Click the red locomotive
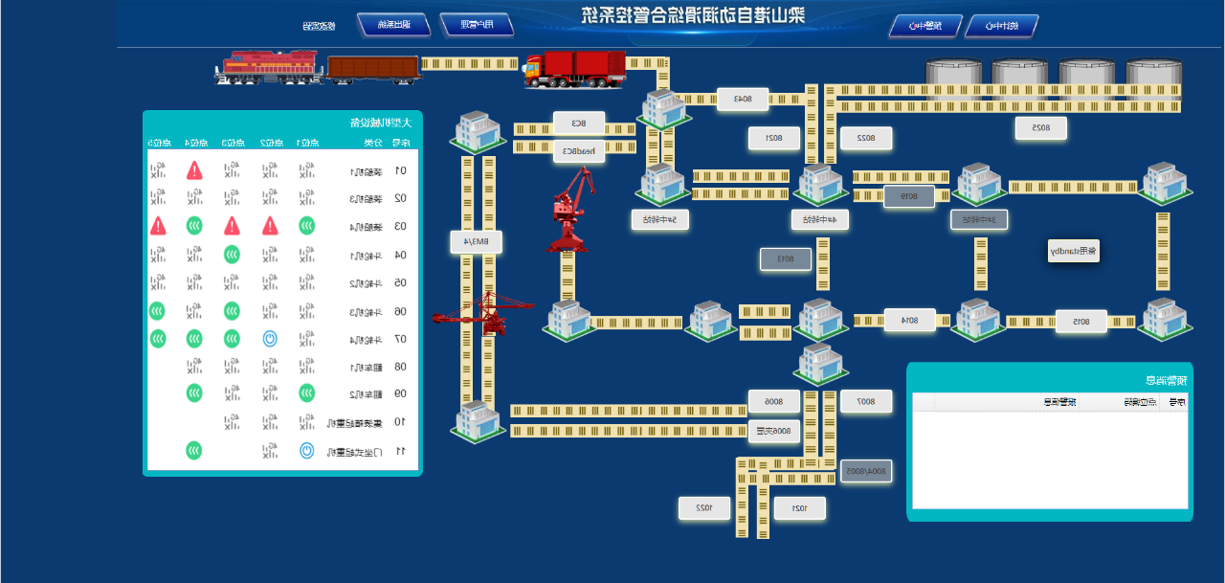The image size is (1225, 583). pos(269,67)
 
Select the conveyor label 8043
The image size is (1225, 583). pos(744,99)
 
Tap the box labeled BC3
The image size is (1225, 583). pos(579,123)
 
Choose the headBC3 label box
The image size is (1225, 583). pos(579,150)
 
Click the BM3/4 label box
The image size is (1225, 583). pos(477,242)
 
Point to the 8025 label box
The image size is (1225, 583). pos(1041,127)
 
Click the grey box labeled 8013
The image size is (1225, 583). pos(785,258)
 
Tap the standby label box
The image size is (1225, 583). pos(1073,252)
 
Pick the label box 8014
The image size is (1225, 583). pos(909,320)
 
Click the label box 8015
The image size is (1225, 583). pos(1080,321)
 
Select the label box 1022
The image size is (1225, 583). pos(703,508)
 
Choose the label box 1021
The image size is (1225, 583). pos(799,508)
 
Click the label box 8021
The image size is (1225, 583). pos(773,138)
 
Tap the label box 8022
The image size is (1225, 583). pos(866,138)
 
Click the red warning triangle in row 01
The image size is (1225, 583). pos(194,170)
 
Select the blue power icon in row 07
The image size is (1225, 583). pos(270,338)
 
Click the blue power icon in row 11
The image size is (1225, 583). pos(306,450)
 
